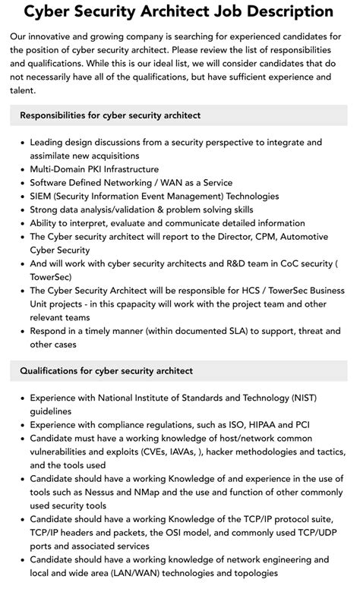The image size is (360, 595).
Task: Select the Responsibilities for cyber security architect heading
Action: pyautogui.click(x=110, y=115)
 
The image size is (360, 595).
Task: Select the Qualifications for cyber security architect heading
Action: pyautogui.click(x=106, y=370)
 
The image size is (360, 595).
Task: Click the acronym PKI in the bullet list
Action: pyautogui.click(x=100, y=169)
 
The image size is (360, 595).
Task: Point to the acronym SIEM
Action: pyautogui.click(x=43, y=196)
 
